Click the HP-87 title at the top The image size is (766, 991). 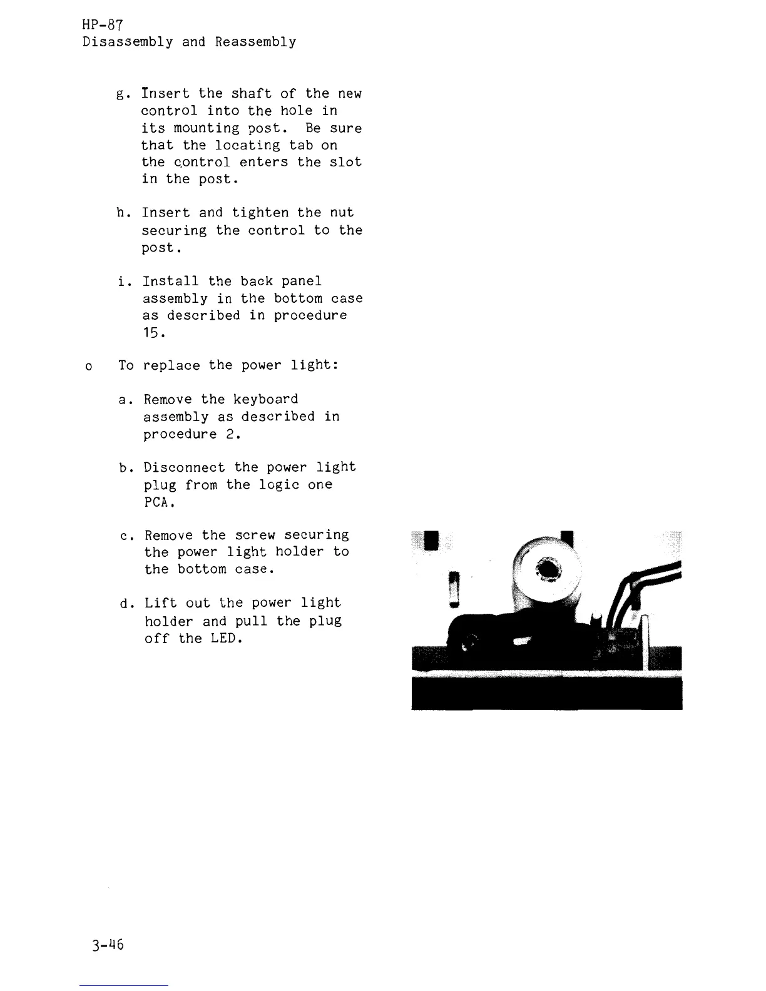pos(103,25)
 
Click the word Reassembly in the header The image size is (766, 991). pos(255,42)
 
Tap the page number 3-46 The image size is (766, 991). pos(107,945)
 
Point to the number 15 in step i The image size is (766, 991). pos(152,333)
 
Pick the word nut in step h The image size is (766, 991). pos(342,213)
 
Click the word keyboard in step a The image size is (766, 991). pos(265,399)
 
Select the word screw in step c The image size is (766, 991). pos(255,536)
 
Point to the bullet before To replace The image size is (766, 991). pos(88,367)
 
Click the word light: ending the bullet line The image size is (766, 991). pos(314,365)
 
